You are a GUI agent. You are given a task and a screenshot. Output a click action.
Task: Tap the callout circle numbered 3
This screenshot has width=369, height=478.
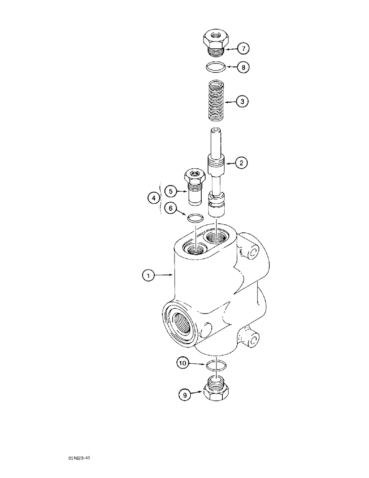click(x=243, y=102)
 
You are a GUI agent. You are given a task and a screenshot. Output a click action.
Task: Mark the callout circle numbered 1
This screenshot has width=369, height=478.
click(x=149, y=275)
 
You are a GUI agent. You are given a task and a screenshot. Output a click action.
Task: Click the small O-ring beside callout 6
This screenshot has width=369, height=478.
click(x=195, y=218)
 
